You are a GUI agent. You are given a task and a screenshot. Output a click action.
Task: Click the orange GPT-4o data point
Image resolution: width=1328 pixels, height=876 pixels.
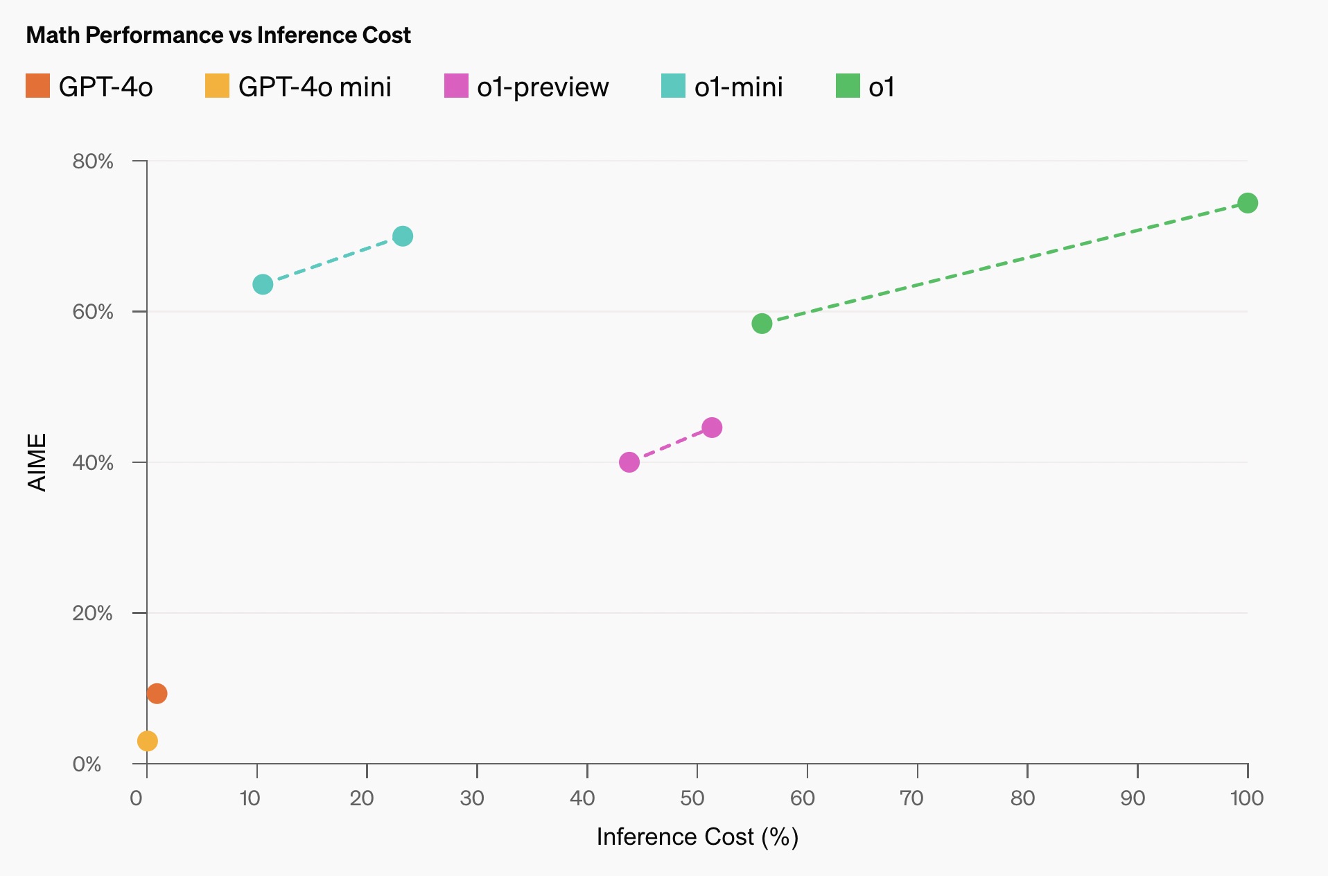(x=157, y=693)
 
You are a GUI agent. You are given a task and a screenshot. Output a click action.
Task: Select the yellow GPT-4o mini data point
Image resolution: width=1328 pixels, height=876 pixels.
(x=148, y=741)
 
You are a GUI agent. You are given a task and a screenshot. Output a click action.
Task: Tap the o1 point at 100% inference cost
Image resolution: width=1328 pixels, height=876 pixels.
(x=1248, y=203)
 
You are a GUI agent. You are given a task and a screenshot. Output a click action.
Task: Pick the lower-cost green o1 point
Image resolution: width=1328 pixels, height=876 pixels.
(x=762, y=324)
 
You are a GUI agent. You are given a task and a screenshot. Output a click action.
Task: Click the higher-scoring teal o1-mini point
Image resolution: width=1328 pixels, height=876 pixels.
(x=403, y=236)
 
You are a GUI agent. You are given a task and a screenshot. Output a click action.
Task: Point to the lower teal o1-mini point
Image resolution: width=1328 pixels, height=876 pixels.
(x=263, y=284)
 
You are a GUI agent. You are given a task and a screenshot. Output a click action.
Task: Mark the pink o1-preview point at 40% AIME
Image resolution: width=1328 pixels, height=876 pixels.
(x=629, y=462)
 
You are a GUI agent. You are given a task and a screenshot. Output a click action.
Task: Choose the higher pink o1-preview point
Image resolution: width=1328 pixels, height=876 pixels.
(x=712, y=428)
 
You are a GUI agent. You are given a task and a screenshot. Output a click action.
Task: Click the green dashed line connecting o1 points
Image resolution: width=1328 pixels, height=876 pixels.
(x=1005, y=263)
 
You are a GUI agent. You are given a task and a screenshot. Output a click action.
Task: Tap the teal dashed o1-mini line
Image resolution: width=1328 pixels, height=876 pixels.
(x=333, y=261)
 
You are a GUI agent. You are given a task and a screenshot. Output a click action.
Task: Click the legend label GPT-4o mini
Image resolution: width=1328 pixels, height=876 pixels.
(x=315, y=87)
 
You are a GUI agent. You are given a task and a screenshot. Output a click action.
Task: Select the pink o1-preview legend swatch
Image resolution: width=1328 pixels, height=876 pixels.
(x=456, y=86)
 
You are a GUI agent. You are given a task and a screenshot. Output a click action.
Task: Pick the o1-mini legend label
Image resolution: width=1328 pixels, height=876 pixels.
(x=738, y=87)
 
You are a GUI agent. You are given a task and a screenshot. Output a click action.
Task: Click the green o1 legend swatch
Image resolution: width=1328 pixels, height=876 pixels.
(x=848, y=86)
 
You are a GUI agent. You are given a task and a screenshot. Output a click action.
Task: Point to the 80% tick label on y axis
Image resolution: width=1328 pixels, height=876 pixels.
(x=93, y=161)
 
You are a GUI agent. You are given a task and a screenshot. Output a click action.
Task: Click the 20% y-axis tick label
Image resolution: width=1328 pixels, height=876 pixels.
(x=93, y=613)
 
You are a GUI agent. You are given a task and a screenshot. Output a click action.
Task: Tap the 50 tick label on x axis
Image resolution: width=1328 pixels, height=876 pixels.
(x=692, y=798)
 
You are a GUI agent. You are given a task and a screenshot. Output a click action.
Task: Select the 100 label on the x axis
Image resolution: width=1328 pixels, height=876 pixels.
(x=1247, y=798)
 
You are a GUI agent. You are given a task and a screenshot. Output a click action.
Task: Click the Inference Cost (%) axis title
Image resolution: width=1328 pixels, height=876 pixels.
(x=697, y=837)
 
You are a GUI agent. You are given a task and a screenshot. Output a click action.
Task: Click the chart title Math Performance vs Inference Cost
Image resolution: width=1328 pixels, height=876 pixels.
(x=218, y=35)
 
